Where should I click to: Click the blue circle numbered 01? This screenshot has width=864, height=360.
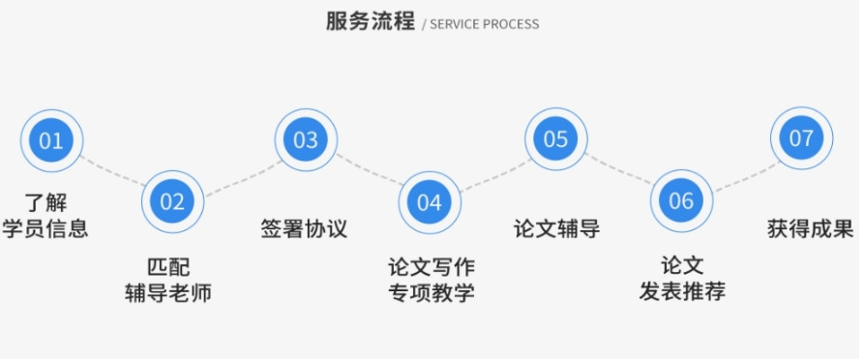pos(50,140)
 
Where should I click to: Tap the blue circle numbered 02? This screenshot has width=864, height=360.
pos(172,201)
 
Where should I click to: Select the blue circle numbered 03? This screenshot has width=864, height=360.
pos(306,140)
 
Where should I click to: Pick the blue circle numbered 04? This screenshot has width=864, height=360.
pos(430,201)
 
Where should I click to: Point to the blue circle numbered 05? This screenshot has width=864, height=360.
pos(555,139)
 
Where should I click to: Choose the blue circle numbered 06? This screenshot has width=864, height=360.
pos(681,201)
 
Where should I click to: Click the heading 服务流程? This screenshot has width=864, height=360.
pos(371,21)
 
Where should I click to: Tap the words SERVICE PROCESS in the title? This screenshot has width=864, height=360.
pos(485,24)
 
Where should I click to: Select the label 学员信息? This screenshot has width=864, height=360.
pos(45,229)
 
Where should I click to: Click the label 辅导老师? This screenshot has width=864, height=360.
pos(168,291)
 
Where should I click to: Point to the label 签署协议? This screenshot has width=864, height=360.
pos(304,229)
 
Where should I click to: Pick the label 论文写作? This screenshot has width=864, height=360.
pos(432,265)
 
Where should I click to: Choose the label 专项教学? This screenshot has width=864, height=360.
pos(432,291)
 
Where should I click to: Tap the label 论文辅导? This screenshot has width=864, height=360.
pos(556,229)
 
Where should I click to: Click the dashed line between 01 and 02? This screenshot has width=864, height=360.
pos(111,170)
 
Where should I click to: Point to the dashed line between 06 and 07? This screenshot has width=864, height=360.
pos(741,172)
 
